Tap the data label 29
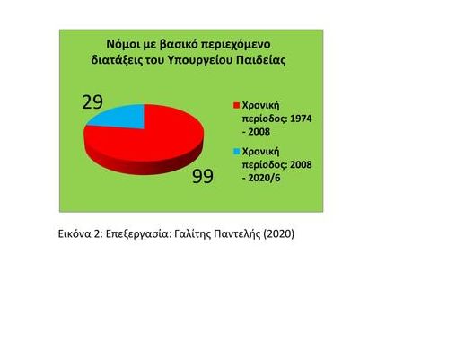click(x=92, y=101)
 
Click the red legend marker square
click(x=237, y=106)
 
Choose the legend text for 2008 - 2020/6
click(x=272, y=164)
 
